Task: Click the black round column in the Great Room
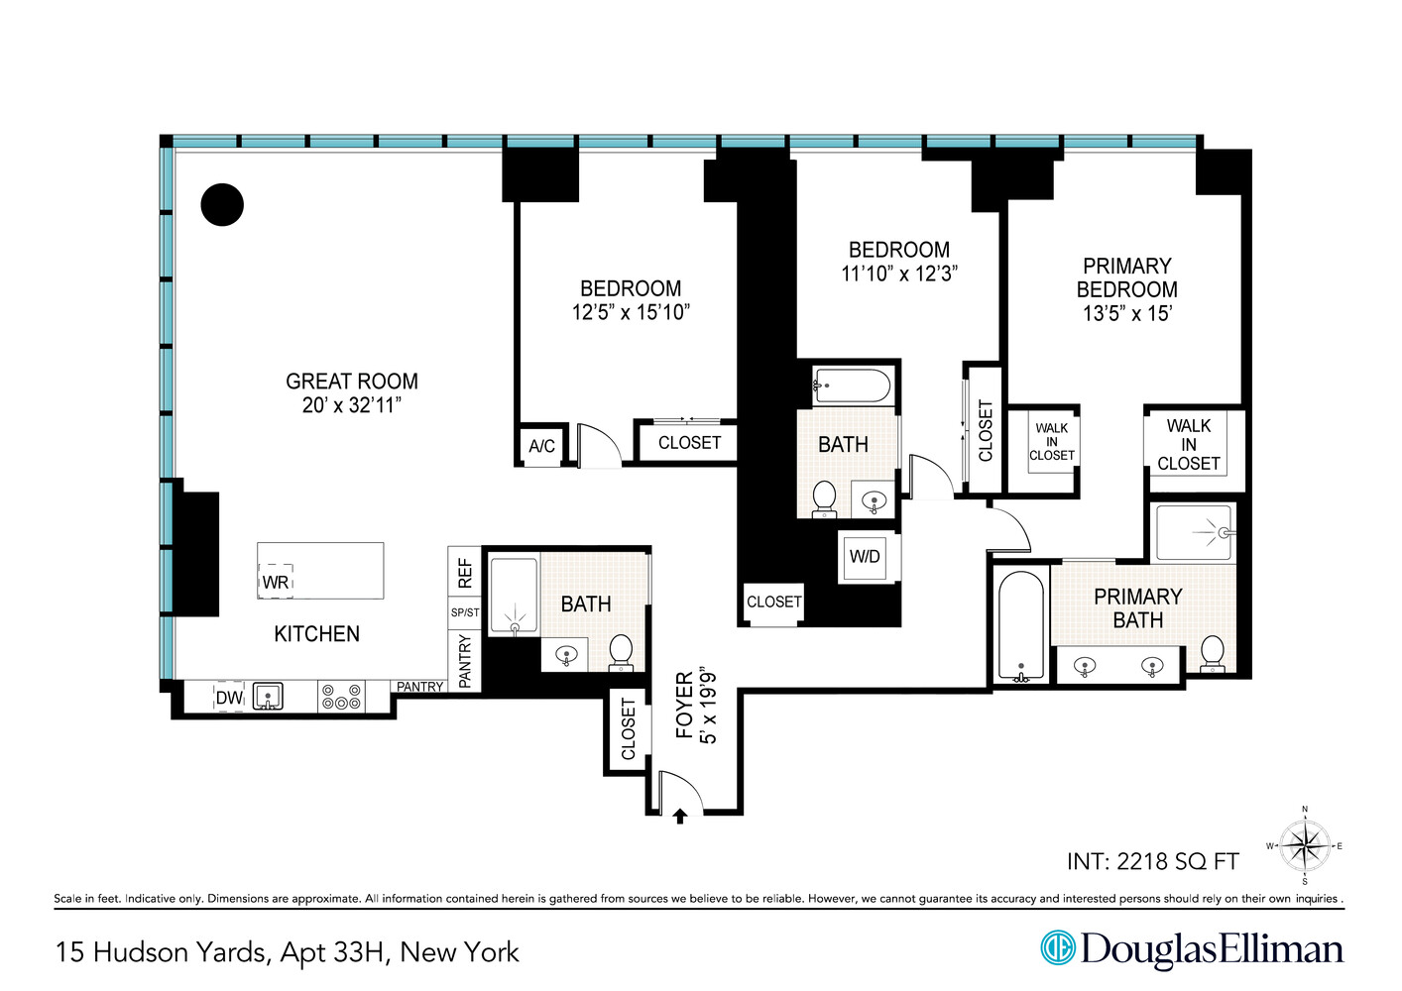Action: click(222, 205)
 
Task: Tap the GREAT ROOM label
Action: click(352, 382)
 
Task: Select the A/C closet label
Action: click(541, 446)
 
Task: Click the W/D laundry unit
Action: click(864, 557)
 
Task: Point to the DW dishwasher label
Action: click(229, 698)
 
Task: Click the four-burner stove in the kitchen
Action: click(340, 697)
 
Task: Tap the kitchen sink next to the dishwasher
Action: click(268, 697)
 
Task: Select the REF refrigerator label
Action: click(465, 573)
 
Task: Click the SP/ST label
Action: click(465, 612)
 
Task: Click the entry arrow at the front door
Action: click(680, 817)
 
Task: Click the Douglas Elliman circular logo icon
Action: click(1058, 947)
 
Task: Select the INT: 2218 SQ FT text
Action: click(1153, 861)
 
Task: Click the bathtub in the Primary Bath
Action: click(1020, 626)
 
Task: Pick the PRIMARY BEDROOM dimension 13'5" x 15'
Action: click(1126, 313)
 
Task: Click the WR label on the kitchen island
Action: click(276, 583)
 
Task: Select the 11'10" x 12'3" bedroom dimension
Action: click(899, 274)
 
